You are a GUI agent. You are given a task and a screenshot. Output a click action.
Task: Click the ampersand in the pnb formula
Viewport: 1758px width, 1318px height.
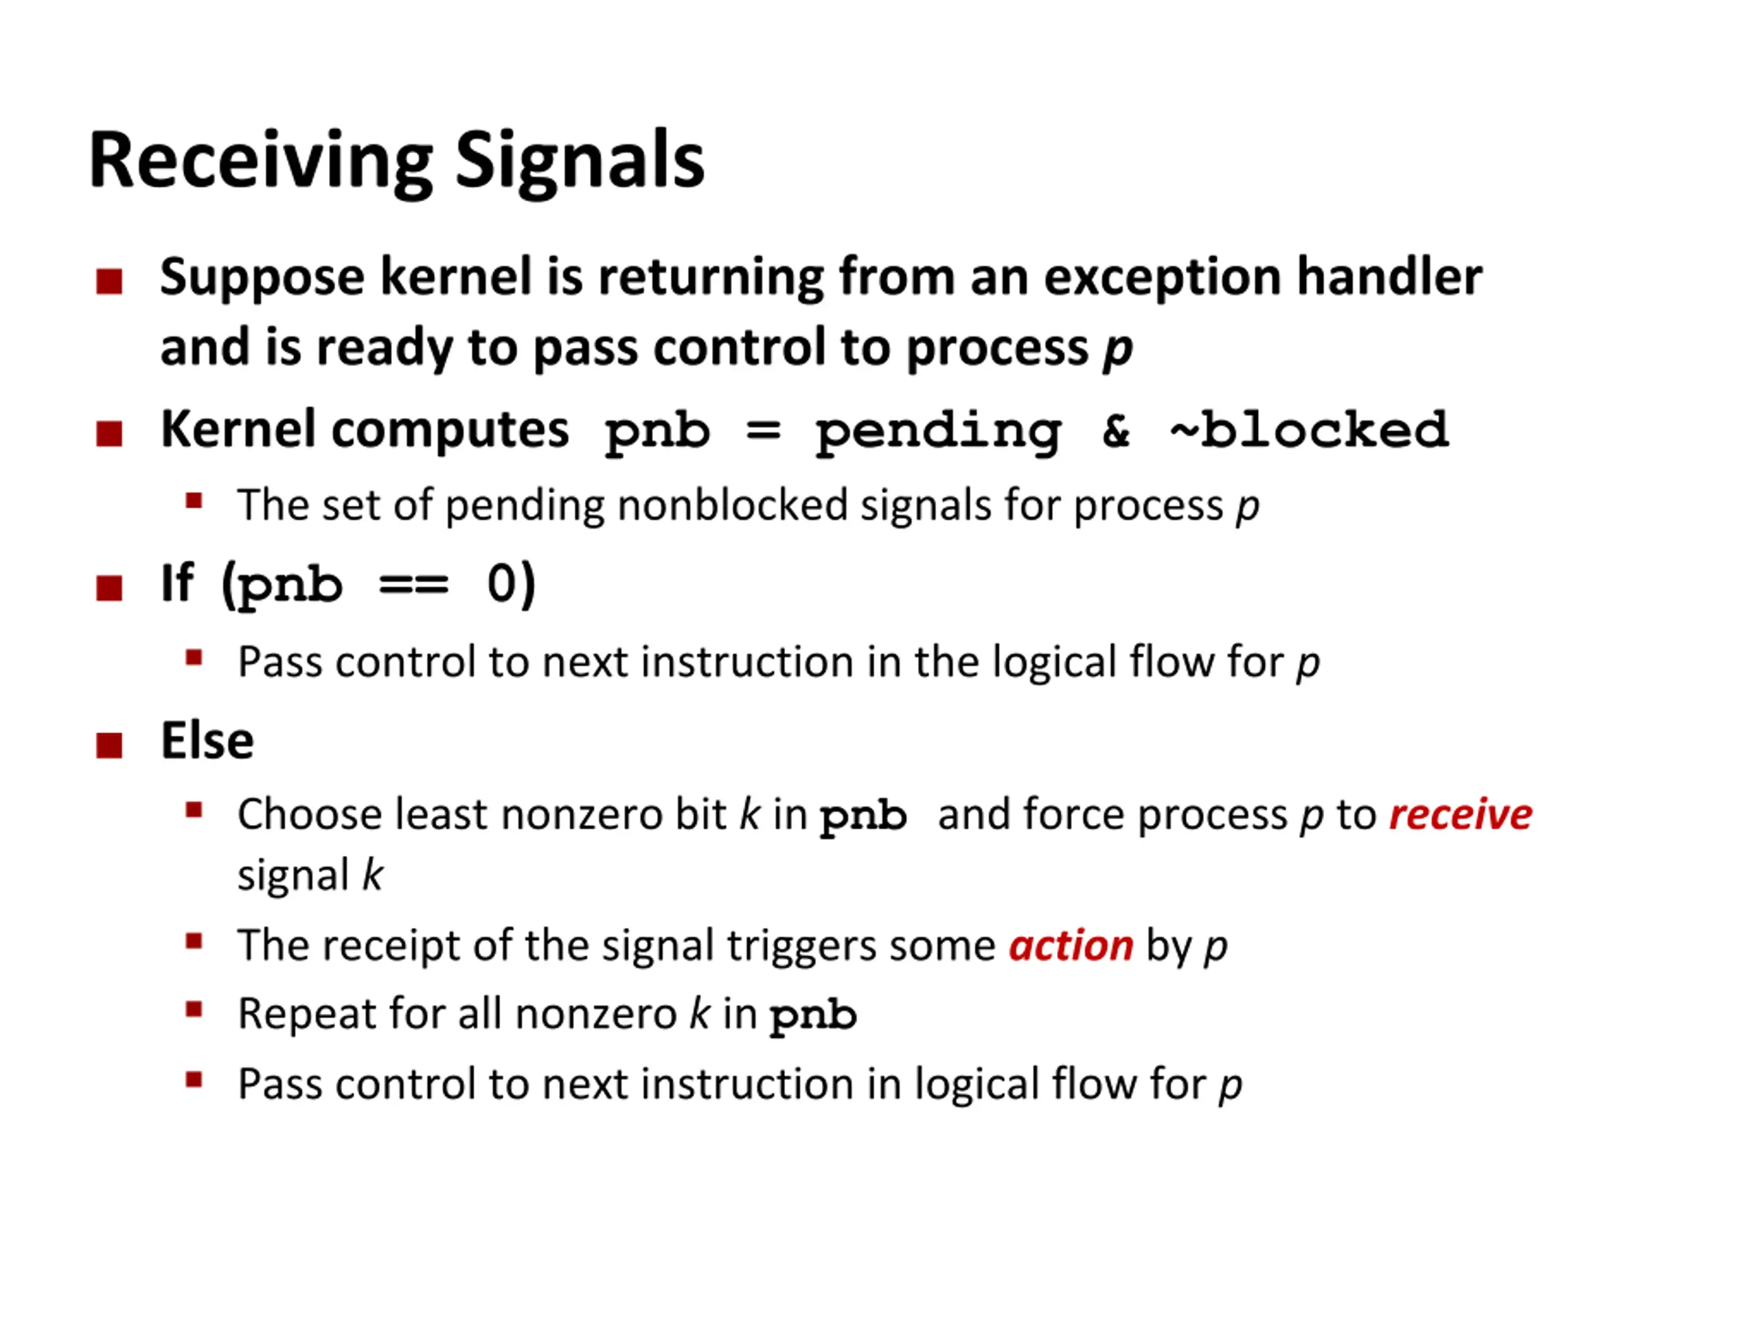pyautogui.click(x=1116, y=430)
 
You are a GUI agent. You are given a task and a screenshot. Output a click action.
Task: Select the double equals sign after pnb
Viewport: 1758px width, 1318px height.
pyautogui.click(x=413, y=586)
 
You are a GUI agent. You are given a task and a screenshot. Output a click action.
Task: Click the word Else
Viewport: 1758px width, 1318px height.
pyautogui.click(x=207, y=741)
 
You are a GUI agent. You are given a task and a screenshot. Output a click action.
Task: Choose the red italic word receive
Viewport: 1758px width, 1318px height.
pyautogui.click(x=1460, y=814)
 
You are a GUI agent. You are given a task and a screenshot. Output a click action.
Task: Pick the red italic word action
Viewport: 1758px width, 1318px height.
pyautogui.click(x=1071, y=945)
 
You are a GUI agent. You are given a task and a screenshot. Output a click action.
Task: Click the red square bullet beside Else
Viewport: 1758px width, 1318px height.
pyautogui.click(x=109, y=746)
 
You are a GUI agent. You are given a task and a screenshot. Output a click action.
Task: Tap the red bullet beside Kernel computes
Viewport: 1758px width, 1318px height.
pyautogui.click(x=109, y=434)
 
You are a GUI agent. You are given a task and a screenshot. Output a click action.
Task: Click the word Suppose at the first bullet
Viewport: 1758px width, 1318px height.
pyautogui.click(x=262, y=278)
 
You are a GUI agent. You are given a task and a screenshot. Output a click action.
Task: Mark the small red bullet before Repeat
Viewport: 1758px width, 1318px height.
pyautogui.click(x=194, y=1010)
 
